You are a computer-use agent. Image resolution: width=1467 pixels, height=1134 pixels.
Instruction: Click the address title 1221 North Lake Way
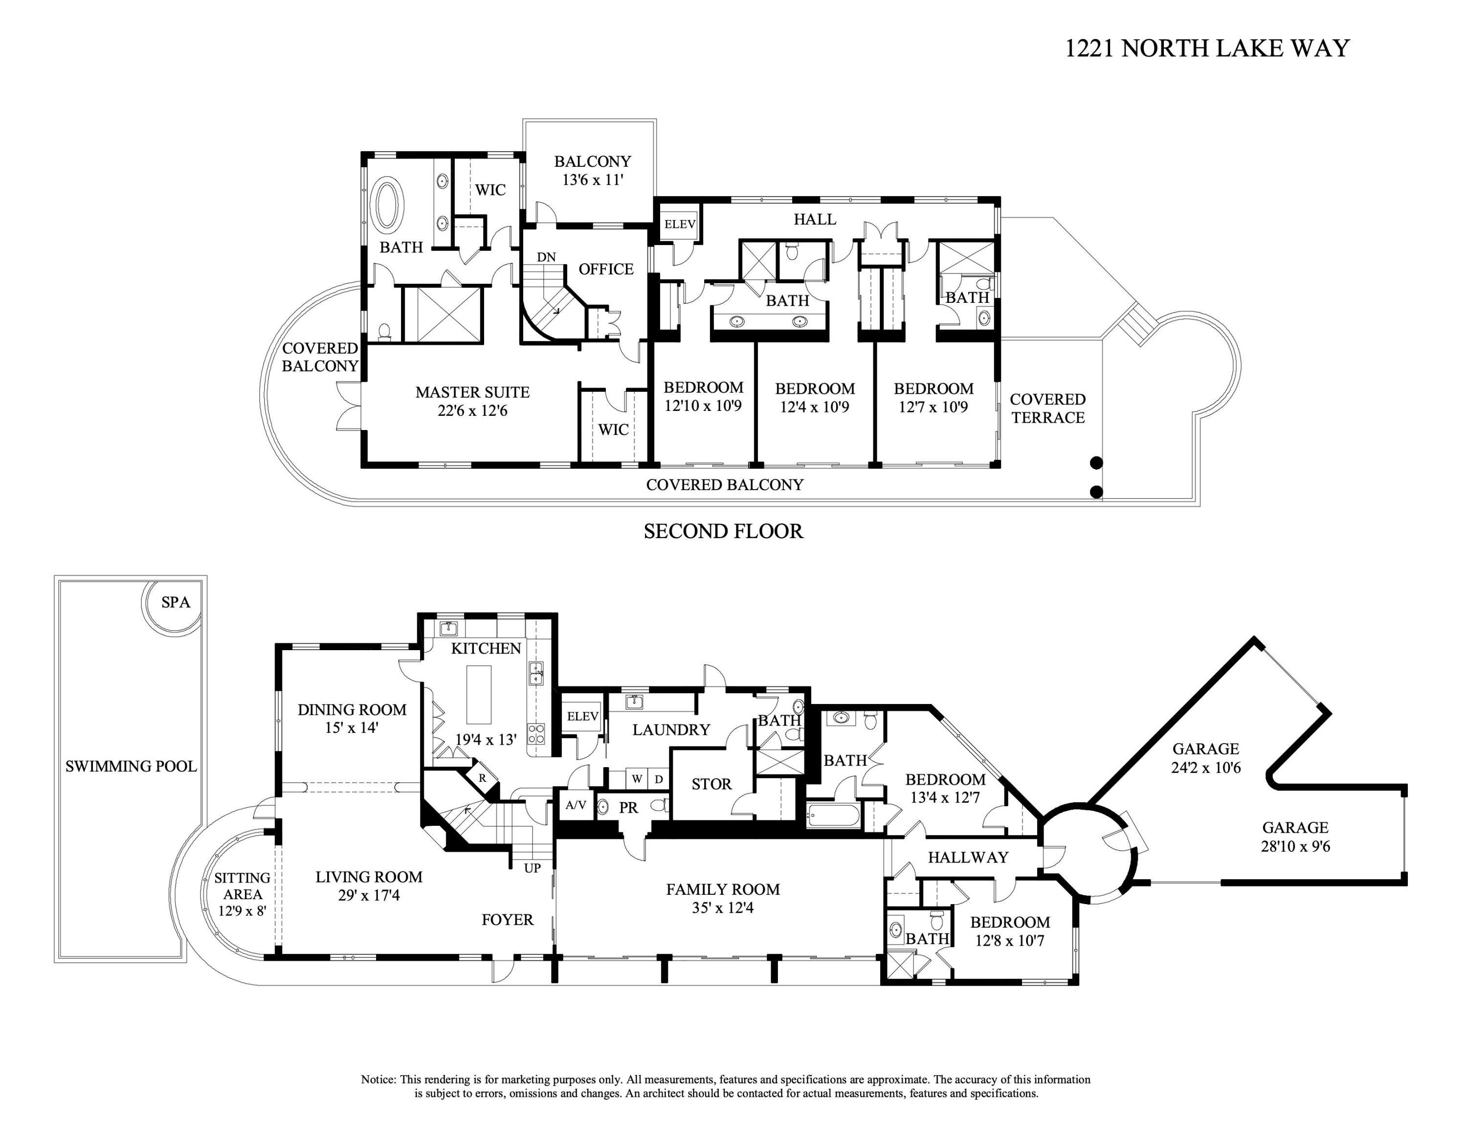(1207, 48)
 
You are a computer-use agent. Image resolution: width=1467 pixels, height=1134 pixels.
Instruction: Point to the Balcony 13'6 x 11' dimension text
(593, 180)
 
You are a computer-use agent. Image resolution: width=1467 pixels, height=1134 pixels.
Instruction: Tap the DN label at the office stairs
(546, 257)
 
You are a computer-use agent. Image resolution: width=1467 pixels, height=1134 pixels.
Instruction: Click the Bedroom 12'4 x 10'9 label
(815, 398)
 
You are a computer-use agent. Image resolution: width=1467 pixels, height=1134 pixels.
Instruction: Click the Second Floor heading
(723, 531)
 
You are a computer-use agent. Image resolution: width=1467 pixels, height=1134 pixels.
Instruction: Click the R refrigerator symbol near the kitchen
(482, 778)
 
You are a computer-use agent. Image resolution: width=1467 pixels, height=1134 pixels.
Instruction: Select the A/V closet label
(576, 805)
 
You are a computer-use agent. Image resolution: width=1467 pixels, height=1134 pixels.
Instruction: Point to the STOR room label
(711, 784)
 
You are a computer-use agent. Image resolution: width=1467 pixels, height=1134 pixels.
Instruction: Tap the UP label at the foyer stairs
(532, 868)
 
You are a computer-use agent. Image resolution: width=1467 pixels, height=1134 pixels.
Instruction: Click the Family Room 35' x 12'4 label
(723, 898)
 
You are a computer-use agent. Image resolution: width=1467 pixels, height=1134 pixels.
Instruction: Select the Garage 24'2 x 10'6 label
(1206, 758)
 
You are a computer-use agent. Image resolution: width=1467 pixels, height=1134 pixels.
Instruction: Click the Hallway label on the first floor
(968, 857)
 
